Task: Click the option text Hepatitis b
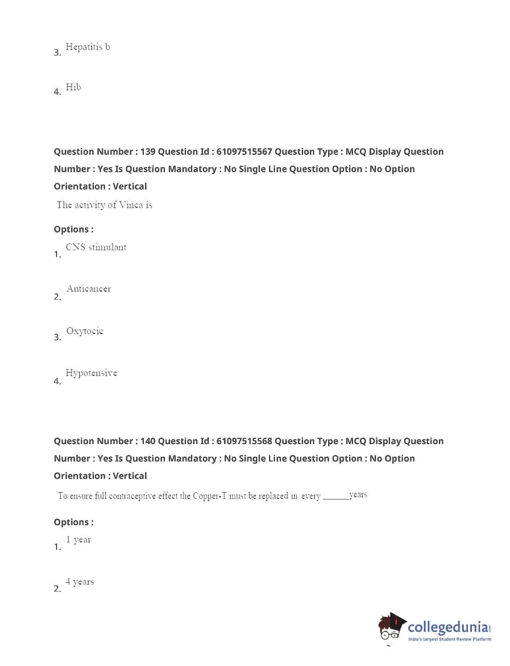click(87, 47)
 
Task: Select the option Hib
click(73, 87)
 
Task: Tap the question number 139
click(147, 152)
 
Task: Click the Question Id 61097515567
click(244, 152)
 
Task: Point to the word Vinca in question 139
click(130, 205)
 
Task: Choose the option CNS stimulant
click(96, 247)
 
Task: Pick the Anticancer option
click(88, 289)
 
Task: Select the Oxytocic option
click(85, 331)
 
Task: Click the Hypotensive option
click(91, 373)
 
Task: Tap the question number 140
click(147, 441)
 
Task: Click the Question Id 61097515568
click(244, 441)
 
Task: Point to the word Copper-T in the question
click(209, 496)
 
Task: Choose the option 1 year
click(78, 540)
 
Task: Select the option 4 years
click(80, 582)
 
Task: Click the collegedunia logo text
click(448, 627)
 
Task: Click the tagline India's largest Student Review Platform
click(449, 639)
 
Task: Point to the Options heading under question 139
click(73, 229)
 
